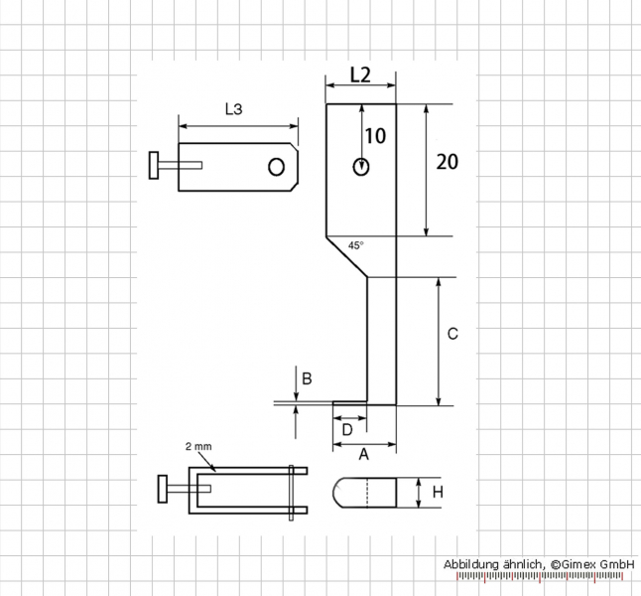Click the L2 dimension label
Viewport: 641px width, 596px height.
(360, 75)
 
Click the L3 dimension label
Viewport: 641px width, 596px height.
(234, 109)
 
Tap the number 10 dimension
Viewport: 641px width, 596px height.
(375, 136)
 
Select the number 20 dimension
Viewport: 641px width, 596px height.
(448, 162)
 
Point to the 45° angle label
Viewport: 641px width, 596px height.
(355, 245)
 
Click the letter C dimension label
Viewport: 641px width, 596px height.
(452, 334)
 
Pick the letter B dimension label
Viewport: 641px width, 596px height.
(307, 379)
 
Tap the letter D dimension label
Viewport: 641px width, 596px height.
(346, 430)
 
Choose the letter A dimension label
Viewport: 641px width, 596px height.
(363, 454)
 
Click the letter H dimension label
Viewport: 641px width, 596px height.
(438, 492)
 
